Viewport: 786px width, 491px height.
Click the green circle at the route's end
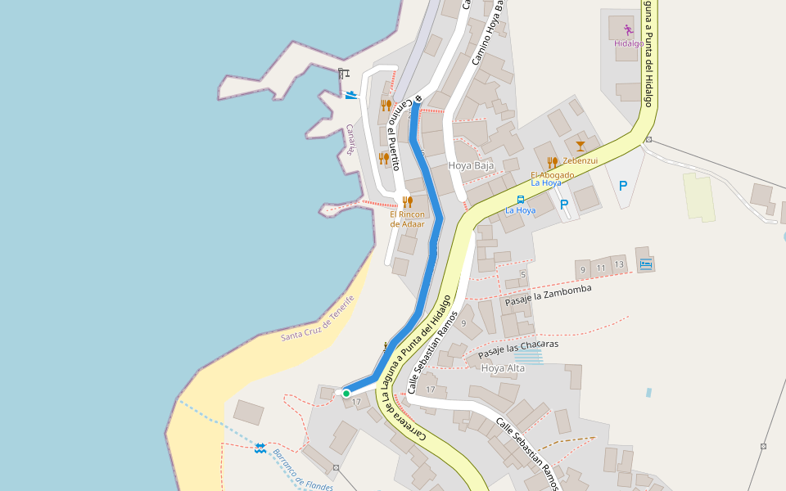(x=346, y=394)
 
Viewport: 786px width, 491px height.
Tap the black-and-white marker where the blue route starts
(x=418, y=99)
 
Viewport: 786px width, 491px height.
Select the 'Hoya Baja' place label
(x=472, y=165)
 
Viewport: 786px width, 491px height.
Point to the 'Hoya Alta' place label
(x=504, y=368)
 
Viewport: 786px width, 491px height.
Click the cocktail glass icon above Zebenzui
(x=580, y=146)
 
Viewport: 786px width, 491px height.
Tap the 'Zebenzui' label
(x=580, y=160)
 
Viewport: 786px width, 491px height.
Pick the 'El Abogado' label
(x=552, y=174)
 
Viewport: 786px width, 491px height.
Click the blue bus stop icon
(x=520, y=199)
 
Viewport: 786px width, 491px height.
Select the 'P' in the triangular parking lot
(x=623, y=186)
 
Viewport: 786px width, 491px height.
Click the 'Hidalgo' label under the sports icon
(x=629, y=43)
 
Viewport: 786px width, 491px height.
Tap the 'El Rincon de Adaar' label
(x=407, y=218)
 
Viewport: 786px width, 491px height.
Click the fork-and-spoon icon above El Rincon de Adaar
(x=406, y=200)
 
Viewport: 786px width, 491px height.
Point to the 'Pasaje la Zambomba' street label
(x=547, y=295)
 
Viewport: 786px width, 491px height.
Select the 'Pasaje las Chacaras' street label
(x=518, y=349)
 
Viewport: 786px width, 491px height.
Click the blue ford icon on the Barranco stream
(x=260, y=448)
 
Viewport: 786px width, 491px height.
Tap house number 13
(x=619, y=264)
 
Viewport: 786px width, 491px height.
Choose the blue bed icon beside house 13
(x=645, y=264)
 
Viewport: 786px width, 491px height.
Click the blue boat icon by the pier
(x=351, y=95)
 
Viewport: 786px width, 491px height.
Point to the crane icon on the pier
(x=343, y=74)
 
